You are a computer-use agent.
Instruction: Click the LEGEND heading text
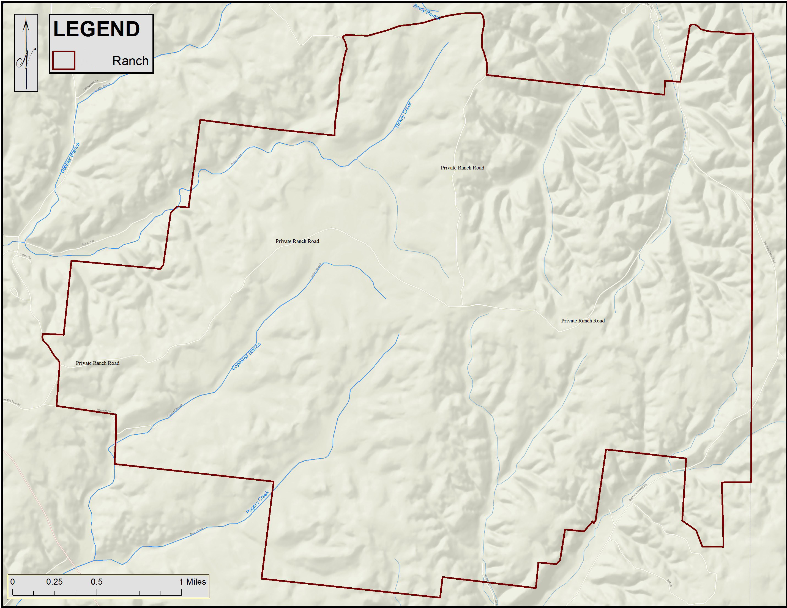tap(96, 29)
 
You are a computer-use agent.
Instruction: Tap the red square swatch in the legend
tap(63, 60)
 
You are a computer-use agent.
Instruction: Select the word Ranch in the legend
tap(130, 61)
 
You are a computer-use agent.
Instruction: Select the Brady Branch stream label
tap(426, 12)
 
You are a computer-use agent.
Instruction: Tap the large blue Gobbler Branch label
tap(70, 158)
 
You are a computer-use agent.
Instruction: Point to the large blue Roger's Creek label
tap(257, 502)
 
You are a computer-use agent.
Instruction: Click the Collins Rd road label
tap(25, 256)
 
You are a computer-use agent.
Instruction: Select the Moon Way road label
tap(88, 242)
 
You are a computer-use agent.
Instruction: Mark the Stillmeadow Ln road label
tap(91, 86)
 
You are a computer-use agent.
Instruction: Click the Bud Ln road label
tap(669, 583)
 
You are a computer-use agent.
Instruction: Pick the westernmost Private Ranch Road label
tap(97, 363)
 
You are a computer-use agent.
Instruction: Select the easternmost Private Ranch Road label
tap(583, 321)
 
